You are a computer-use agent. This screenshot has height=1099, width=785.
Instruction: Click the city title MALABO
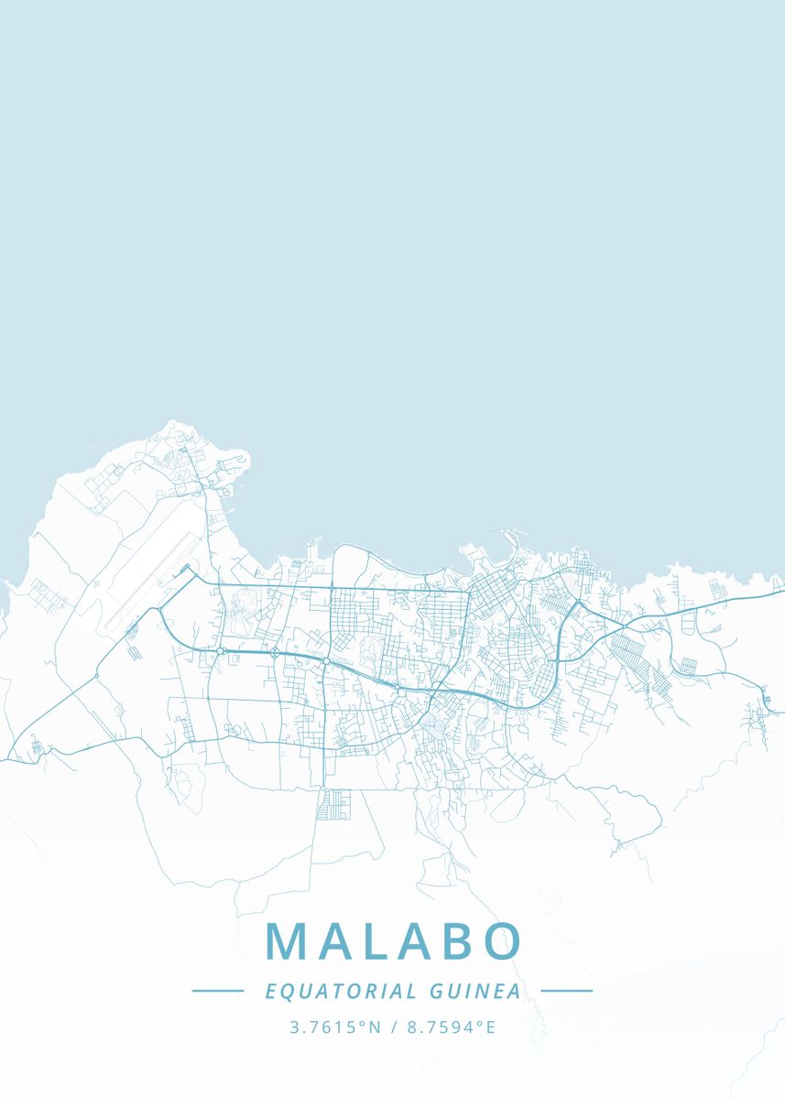[393, 941]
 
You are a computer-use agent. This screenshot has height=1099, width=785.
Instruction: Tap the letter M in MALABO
[286, 941]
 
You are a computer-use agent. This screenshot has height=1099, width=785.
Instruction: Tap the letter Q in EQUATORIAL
[285, 992]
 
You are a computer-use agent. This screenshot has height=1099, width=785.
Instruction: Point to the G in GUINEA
[434, 991]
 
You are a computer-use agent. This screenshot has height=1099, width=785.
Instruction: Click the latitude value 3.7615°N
[335, 1028]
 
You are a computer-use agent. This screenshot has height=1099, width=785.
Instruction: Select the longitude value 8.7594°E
[452, 1028]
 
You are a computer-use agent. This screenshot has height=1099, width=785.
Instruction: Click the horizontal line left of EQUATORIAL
[217, 990]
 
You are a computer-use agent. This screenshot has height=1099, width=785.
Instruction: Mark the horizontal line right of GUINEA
[567, 990]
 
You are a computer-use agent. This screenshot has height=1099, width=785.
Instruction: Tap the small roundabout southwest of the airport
[97, 676]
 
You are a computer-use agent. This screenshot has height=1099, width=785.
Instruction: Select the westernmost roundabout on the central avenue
[221, 650]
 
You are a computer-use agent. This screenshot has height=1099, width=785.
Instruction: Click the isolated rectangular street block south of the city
[333, 804]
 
